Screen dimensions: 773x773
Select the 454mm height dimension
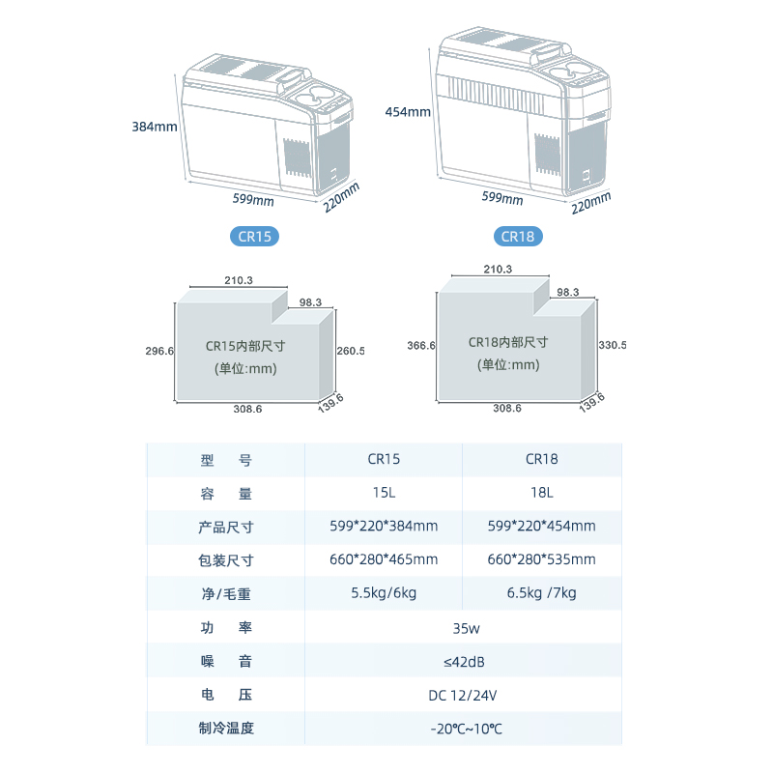click(408, 111)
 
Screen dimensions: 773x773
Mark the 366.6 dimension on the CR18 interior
click(421, 345)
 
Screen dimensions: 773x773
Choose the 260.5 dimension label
click(349, 351)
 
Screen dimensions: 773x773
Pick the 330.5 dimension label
click(613, 345)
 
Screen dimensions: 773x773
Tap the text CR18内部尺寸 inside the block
click(508, 342)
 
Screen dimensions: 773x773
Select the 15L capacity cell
click(384, 493)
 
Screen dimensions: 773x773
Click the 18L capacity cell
click(541, 493)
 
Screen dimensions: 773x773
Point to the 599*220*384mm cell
click(384, 526)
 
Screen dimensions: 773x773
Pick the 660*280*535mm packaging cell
click(541, 559)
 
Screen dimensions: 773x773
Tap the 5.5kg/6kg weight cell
click(384, 593)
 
